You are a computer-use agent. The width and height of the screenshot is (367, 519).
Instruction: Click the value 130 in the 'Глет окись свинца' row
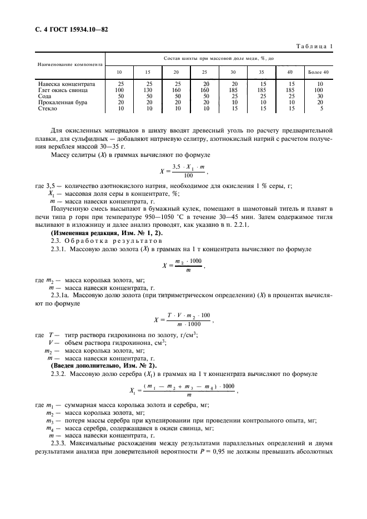[x=148, y=90]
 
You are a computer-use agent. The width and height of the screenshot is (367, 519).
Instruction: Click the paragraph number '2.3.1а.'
[x=61, y=296]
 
